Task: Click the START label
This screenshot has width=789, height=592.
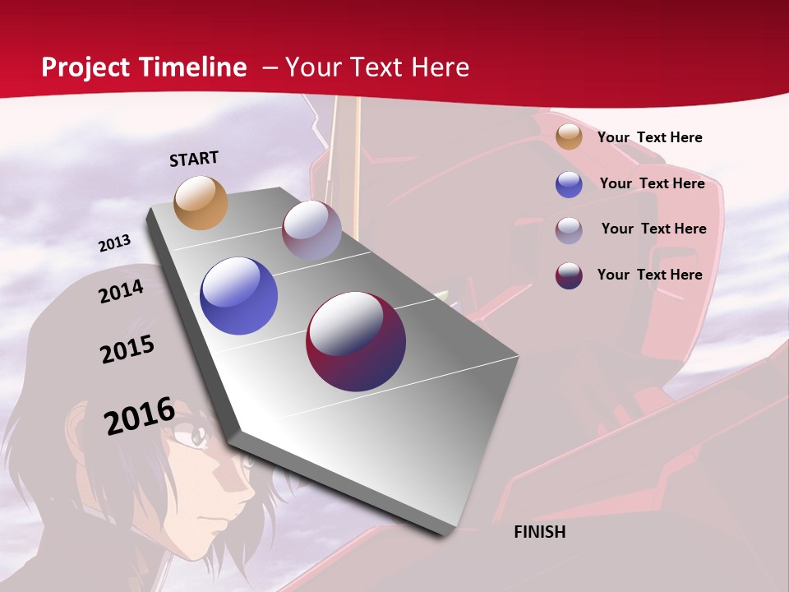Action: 194,159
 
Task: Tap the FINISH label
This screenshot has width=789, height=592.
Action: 540,532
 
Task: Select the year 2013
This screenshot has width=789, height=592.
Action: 114,243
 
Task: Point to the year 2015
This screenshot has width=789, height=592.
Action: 127,349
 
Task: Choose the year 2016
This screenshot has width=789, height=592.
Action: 140,415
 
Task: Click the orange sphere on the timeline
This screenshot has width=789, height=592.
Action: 201,202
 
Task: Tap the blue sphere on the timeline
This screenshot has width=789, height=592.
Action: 239,296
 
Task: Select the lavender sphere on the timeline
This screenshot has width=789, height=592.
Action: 311,230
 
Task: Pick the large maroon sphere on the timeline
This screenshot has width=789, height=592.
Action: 356,341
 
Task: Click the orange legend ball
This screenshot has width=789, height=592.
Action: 569,136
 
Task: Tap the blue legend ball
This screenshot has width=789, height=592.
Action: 569,184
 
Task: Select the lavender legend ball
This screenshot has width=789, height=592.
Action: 569,230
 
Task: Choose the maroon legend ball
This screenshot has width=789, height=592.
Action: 569,275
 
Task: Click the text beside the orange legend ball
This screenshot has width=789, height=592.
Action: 649,137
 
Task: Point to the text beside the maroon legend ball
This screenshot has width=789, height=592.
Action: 649,275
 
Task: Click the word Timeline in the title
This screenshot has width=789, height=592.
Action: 193,67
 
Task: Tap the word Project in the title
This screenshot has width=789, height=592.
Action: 85,67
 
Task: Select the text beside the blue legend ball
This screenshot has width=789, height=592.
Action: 652,183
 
